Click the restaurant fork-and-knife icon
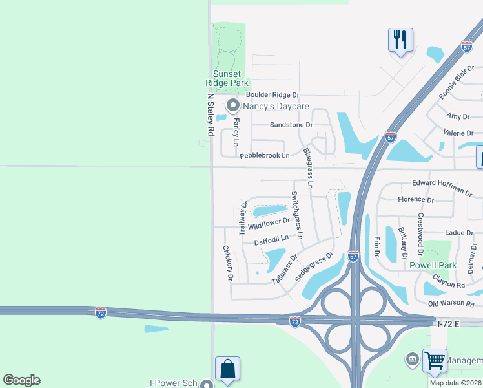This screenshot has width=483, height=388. coord(400,41)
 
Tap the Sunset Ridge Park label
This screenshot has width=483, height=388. coord(227,78)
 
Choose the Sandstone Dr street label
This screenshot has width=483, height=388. coord(291,124)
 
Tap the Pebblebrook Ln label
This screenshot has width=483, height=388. coord(265,156)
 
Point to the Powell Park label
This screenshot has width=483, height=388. coord(433,265)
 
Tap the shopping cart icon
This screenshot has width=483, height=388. coord(435,360)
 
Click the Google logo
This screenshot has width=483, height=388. coord(21,380)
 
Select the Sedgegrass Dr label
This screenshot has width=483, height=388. coord(314,266)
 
